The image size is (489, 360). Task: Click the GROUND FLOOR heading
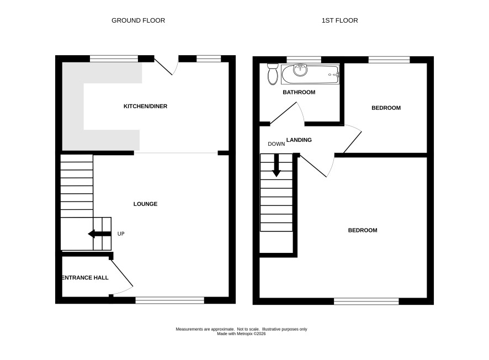(x=138, y=20)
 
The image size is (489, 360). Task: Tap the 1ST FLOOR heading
(x=339, y=20)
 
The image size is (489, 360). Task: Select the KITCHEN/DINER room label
(x=145, y=107)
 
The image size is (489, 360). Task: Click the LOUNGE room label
(x=145, y=204)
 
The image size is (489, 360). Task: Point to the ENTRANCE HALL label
(x=85, y=278)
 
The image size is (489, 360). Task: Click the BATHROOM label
(x=299, y=92)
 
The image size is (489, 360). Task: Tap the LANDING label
(x=299, y=140)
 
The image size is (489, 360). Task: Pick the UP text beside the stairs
(x=121, y=234)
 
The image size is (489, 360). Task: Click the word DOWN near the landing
(x=277, y=144)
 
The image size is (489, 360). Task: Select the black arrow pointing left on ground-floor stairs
(x=99, y=234)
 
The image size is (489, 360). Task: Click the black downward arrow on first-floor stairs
(x=277, y=165)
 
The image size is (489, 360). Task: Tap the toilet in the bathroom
(x=273, y=74)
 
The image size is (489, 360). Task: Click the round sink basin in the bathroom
(x=300, y=70)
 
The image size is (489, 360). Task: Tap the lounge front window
(x=169, y=300)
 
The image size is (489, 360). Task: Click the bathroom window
(x=304, y=60)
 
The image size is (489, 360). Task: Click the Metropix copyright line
(x=241, y=334)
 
